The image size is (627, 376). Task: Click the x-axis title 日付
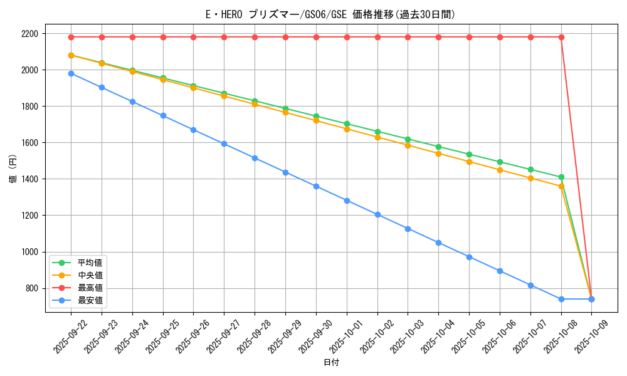point(330,363)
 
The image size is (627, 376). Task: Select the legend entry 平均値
point(90,263)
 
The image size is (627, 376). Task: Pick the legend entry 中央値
point(90,275)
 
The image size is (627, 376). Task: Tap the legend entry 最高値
point(90,288)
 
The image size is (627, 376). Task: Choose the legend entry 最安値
point(90,301)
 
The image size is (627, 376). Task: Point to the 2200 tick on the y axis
point(29,33)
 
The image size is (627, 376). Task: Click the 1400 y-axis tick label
point(29,179)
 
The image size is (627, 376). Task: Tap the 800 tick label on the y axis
point(31,288)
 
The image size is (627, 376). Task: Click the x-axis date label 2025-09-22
point(68,336)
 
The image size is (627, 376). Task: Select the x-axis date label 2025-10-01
point(344,336)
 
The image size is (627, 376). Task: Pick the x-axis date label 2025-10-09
point(589,336)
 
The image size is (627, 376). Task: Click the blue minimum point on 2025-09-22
point(71,73)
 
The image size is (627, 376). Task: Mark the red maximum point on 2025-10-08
point(561,37)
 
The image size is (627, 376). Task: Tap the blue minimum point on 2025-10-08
point(561,299)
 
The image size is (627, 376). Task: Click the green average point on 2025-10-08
point(561,177)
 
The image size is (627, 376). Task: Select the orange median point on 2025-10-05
point(469,162)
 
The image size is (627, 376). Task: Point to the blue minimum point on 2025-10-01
point(347,201)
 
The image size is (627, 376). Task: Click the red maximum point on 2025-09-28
point(255,37)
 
